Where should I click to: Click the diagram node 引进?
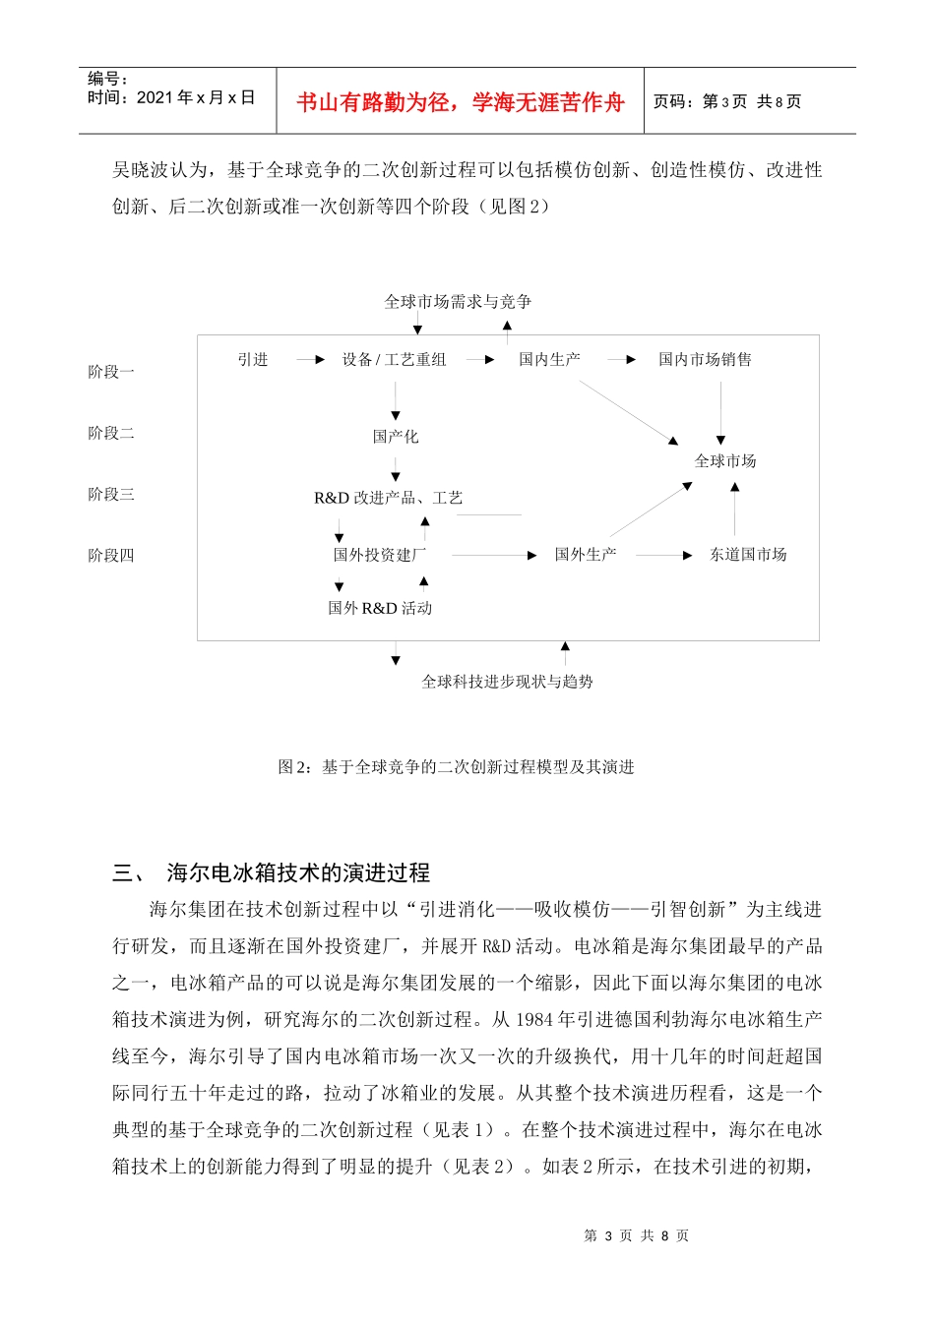click(253, 360)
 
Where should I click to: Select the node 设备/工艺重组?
click(394, 360)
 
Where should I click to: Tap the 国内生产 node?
click(549, 360)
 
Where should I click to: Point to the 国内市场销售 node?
click(705, 360)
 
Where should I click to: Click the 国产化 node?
click(396, 437)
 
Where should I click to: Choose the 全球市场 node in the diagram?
click(725, 461)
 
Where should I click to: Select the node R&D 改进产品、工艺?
click(388, 499)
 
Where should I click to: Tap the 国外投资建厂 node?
click(380, 555)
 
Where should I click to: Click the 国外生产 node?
click(586, 555)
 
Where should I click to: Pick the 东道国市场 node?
click(748, 555)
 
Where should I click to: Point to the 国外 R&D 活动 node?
click(380, 609)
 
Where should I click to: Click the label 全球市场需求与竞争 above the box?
click(458, 302)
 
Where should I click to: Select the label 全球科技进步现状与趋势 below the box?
click(507, 682)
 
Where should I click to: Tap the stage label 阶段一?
click(111, 372)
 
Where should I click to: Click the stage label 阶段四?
click(111, 556)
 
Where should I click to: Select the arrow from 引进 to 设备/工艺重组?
click(310, 360)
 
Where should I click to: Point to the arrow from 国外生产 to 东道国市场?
click(664, 556)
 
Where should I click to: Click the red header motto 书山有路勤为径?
click(461, 102)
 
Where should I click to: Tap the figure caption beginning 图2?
click(456, 767)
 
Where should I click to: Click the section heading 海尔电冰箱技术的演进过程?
click(298, 872)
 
